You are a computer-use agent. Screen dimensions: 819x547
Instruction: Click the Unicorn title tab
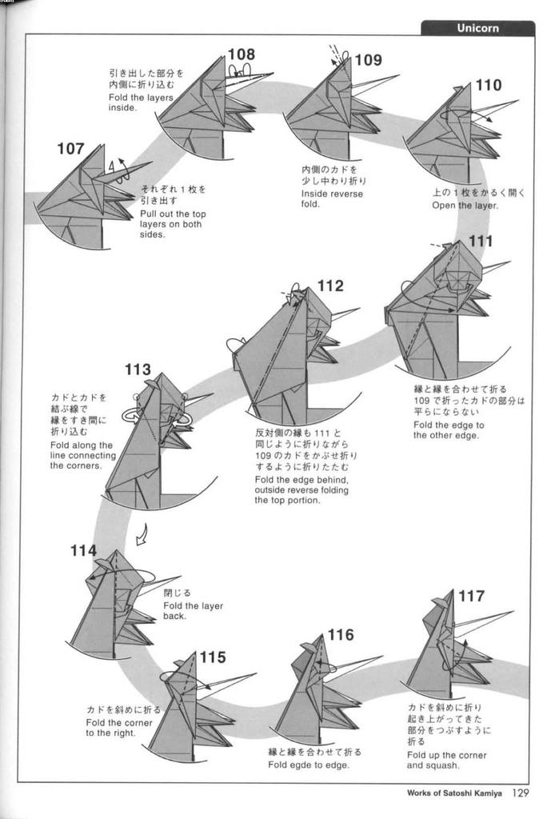pyautogui.click(x=477, y=28)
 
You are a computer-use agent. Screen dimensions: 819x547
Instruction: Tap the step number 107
pyautogui.click(x=70, y=149)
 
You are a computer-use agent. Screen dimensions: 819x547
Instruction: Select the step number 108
pyautogui.click(x=241, y=54)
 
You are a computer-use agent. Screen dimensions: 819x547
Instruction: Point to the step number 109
pyautogui.click(x=368, y=60)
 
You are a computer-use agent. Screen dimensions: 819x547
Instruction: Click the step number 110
pyautogui.click(x=488, y=86)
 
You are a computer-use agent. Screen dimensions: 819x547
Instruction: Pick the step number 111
pyautogui.click(x=481, y=242)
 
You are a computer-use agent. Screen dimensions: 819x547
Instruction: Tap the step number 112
pyautogui.click(x=330, y=286)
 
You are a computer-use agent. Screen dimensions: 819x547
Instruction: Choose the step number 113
pyautogui.click(x=138, y=370)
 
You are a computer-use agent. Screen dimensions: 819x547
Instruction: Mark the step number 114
pyautogui.click(x=83, y=550)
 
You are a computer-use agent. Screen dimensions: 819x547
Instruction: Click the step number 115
pyautogui.click(x=212, y=657)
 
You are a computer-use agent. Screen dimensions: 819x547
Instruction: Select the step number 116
pyautogui.click(x=340, y=635)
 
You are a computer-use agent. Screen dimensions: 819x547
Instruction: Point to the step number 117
pyautogui.click(x=471, y=596)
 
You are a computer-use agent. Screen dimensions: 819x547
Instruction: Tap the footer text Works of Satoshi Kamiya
pyautogui.click(x=454, y=794)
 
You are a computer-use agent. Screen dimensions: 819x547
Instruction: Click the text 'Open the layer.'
pyautogui.click(x=465, y=206)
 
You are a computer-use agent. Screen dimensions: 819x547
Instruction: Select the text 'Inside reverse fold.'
pyautogui.click(x=332, y=199)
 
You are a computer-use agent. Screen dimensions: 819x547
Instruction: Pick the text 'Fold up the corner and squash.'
pyautogui.click(x=446, y=760)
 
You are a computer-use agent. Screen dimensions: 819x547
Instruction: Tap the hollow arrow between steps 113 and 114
pyautogui.click(x=142, y=534)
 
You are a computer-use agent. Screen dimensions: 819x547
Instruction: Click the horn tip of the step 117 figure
pyautogui.click(x=512, y=613)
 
